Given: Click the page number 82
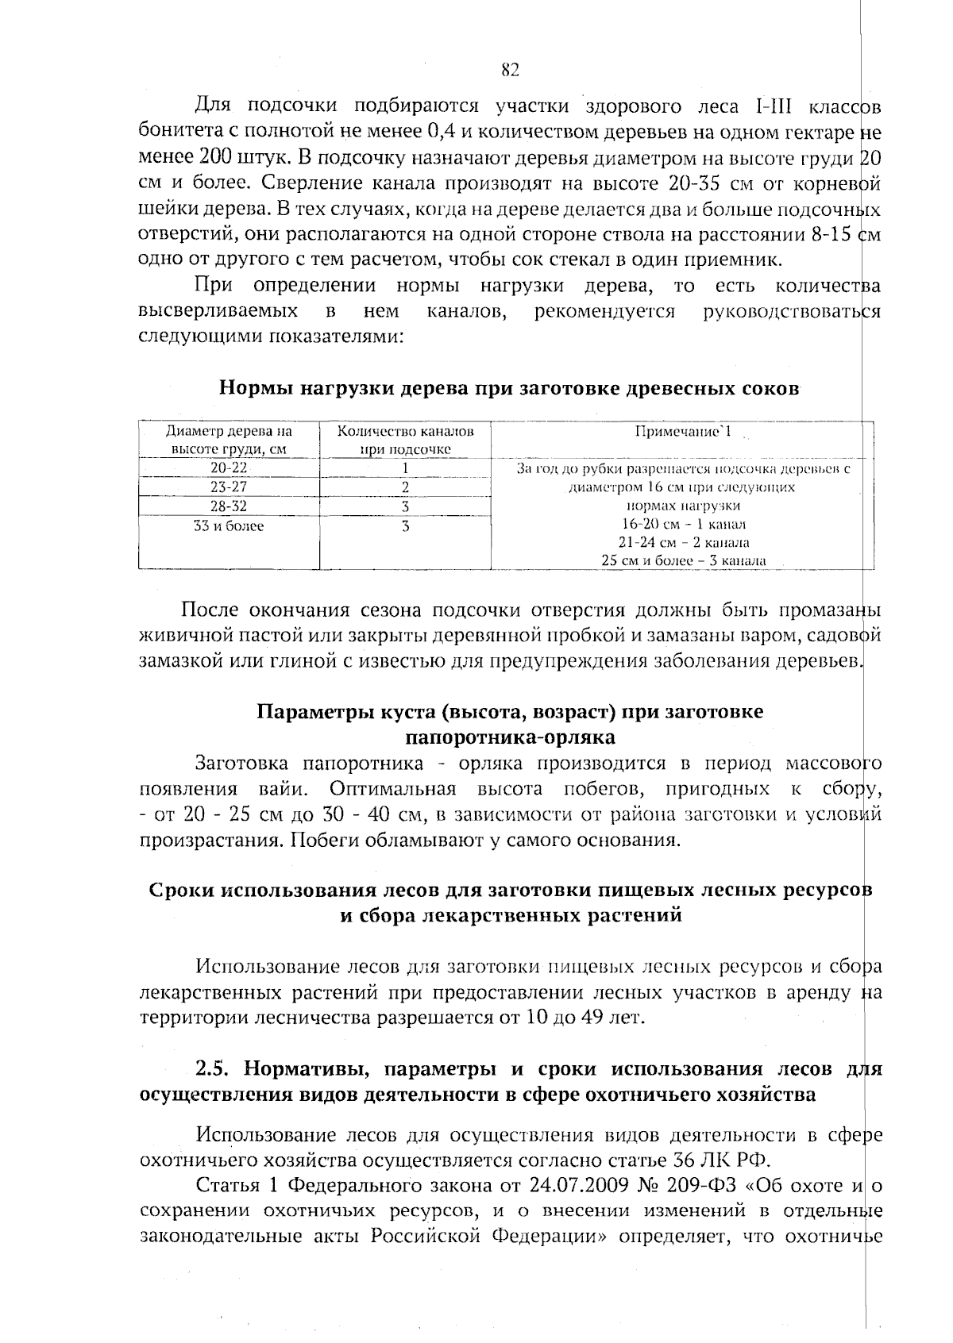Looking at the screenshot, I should click(x=510, y=71).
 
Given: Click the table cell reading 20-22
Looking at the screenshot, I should click(x=229, y=468).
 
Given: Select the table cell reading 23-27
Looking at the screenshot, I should click(x=229, y=487).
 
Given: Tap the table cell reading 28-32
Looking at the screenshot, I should click(x=229, y=506).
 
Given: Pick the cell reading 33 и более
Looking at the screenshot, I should click(x=229, y=525).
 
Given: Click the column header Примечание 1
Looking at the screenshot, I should click(x=683, y=432).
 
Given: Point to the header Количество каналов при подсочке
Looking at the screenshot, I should click(x=405, y=440).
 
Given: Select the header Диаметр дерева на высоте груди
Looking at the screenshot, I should click(x=229, y=440).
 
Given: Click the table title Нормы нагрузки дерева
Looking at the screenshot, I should click(x=508, y=390).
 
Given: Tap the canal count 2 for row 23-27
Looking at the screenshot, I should click(x=405, y=487).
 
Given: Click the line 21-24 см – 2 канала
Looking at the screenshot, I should click(x=683, y=543).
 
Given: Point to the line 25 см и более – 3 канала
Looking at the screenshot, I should click(x=683, y=560).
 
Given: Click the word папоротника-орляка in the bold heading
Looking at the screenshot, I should click(x=510, y=737).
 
